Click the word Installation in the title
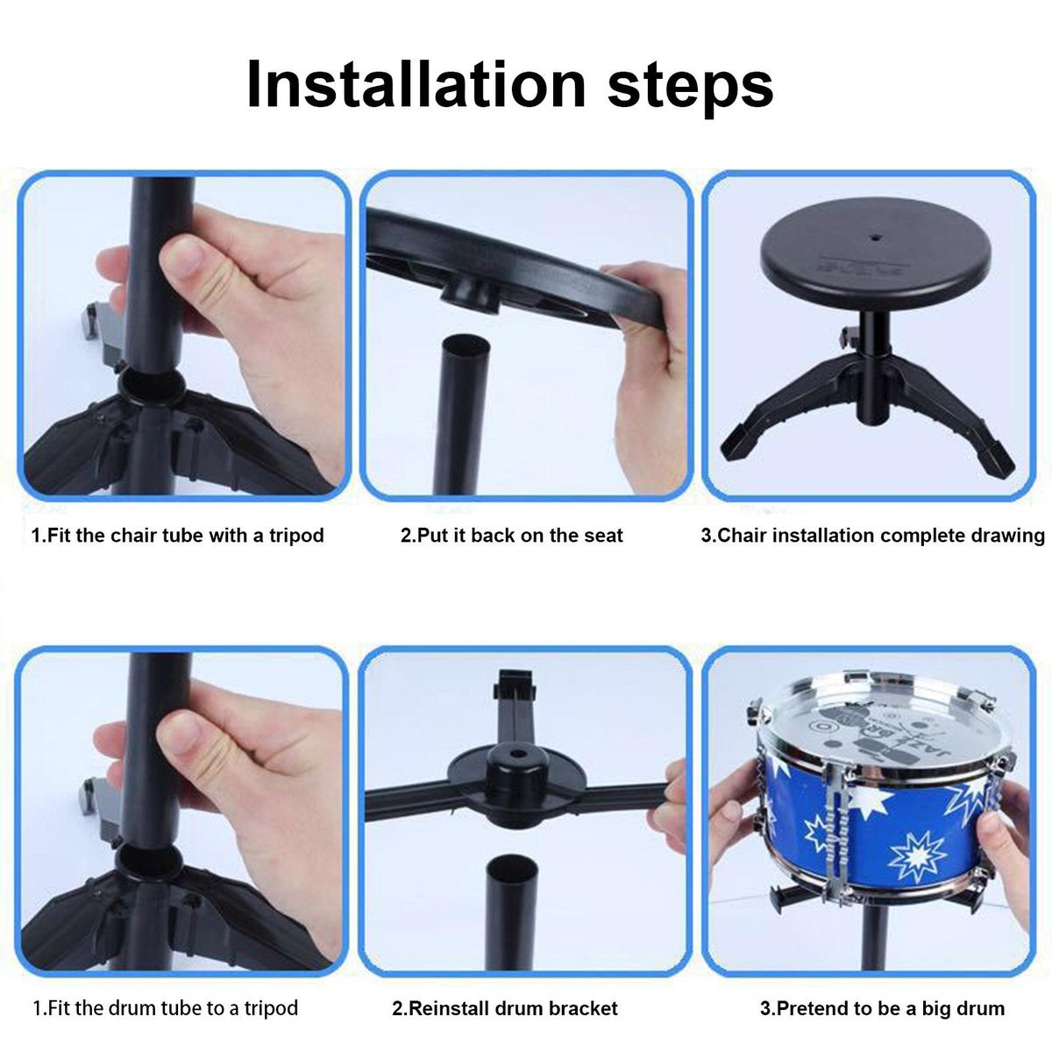pyautogui.click(x=416, y=85)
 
